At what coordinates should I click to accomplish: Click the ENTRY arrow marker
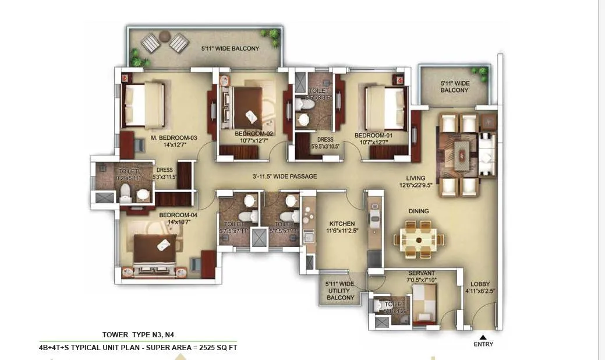coord(483,336)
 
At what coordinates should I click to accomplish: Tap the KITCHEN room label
coord(342,224)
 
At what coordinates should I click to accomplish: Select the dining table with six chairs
coord(419,239)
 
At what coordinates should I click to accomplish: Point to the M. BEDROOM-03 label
coord(174,138)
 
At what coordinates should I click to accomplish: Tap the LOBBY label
coord(480,285)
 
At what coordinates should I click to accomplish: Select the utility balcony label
coord(339,291)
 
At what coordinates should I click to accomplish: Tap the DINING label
coord(418,211)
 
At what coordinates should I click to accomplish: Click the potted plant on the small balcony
coord(481,73)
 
